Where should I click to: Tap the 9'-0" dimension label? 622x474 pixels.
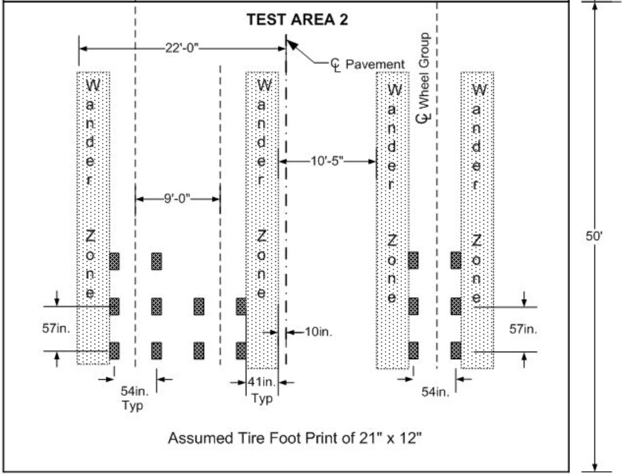click(x=177, y=199)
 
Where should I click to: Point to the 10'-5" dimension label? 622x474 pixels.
click(x=328, y=161)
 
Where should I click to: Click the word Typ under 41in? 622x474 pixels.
click(x=261, y=398)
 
